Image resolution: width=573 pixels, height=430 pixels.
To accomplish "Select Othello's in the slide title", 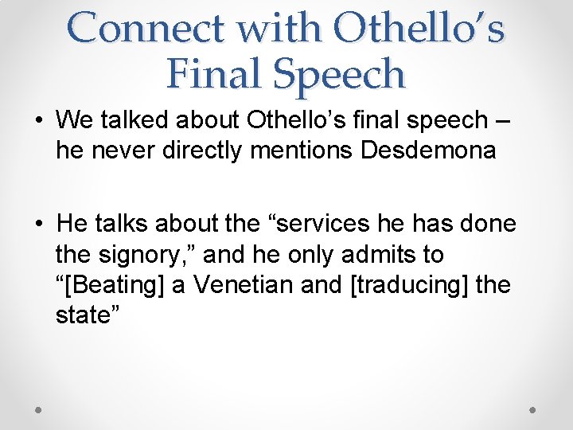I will [419, 29].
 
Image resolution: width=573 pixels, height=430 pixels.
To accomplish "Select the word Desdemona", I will [428, 150].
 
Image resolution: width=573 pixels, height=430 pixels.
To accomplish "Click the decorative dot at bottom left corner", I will [39, 410].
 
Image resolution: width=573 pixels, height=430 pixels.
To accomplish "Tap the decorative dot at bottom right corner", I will [533, 410].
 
